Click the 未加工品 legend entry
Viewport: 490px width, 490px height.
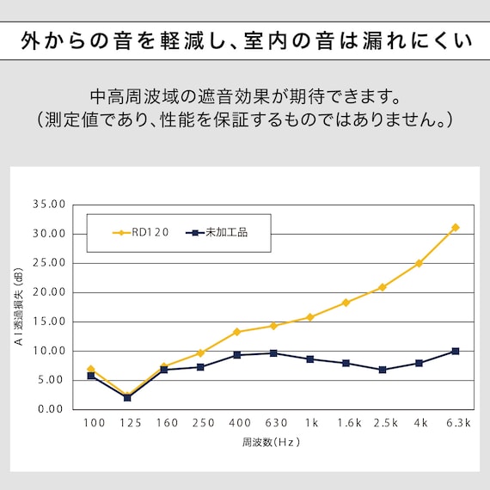point(217,232)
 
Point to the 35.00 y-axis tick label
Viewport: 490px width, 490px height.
point(48,205)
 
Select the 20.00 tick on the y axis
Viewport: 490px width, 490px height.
point(48,292)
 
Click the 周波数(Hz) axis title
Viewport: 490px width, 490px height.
point(273,444)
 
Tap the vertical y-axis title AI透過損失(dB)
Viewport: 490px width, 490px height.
point(18,307)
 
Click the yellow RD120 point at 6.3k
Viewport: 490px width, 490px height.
point(455,228)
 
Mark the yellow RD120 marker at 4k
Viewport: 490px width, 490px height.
point(419,263)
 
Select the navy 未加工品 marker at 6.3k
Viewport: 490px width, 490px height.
point(455,351)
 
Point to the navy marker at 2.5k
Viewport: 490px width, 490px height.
point(383,370)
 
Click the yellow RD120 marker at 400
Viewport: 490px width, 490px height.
point(236,332)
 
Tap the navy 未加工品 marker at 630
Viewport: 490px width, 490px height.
point(273,353)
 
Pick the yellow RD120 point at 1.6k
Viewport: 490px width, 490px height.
point(346,303)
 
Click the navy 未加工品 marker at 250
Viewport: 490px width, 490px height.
point(200,367)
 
